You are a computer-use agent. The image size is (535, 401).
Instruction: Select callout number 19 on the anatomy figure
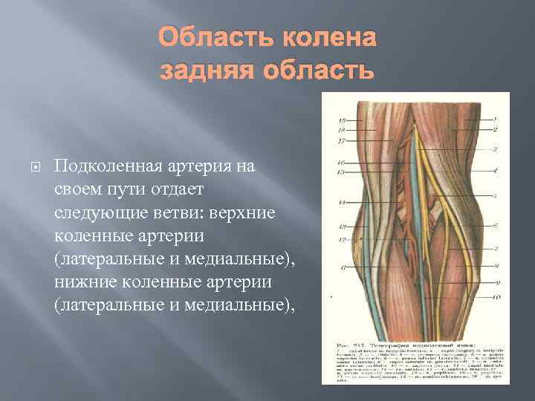coord(342,120)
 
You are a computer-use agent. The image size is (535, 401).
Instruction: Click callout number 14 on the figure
coord(342,202)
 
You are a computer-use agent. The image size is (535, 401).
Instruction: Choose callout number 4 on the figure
coord(496,171)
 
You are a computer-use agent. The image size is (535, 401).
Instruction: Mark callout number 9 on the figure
coord(496,282)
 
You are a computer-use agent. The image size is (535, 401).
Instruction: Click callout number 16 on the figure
coord(342,162)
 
